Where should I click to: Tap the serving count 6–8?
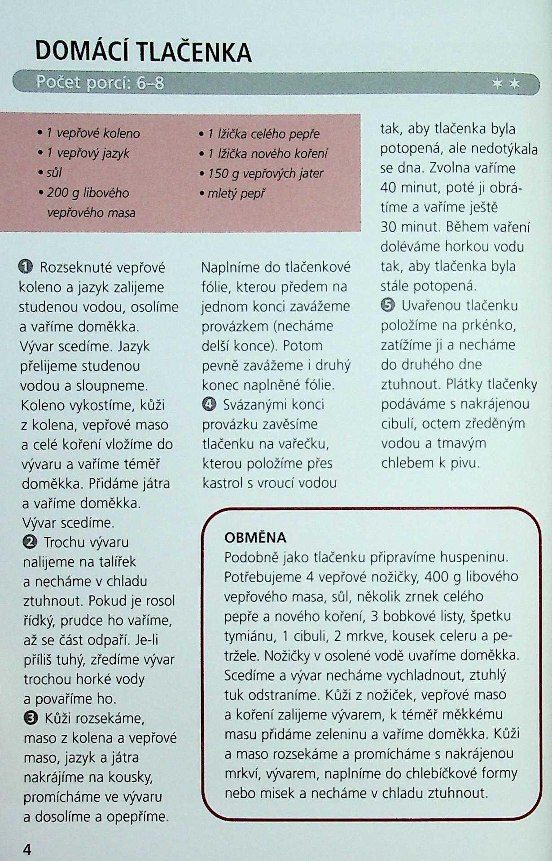[x=151, y=83]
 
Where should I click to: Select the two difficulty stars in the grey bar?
[x=506, y=84]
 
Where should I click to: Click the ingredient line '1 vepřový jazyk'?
[x=88, y=153]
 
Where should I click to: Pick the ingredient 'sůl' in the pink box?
[x=54, y=173]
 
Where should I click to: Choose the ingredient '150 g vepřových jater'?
[x=265, y=173]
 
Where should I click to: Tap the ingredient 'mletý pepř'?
[x=237, y=194]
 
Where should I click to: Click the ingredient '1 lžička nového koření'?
[x=267, y=154]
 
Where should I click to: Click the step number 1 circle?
[x=26, y=267]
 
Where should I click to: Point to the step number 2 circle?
[x=30, y=542]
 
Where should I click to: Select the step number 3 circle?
[x=30, y=718]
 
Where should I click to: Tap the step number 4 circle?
[x=209, y=404]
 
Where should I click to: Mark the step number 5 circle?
[x=388, y=305]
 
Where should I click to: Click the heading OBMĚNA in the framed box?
[x=255, y=538]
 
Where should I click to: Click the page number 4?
[x=27, y=849]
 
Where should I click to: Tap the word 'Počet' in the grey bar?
[x=58, y=82]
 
